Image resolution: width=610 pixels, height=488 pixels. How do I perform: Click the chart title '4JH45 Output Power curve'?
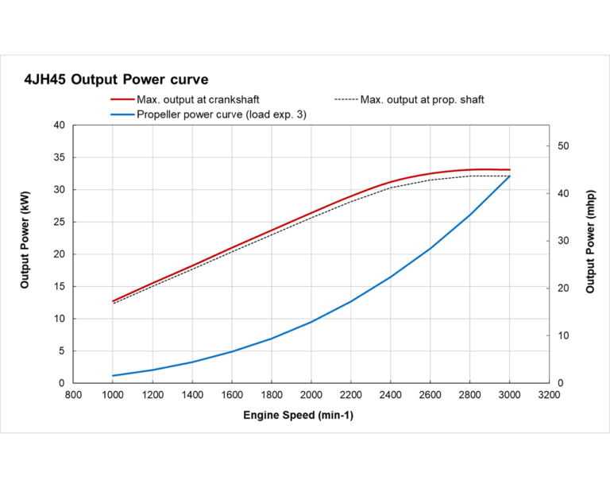pyautogui.click(x=116, y=79)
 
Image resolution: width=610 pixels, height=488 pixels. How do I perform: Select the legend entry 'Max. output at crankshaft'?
pyautogui.click(x=198, y=100)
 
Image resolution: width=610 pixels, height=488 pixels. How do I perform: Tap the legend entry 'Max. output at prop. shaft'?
pyautogui.click(x=421, y=100)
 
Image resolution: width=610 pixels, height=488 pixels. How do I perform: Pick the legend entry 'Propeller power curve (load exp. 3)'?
pyautogui.click(x=222, y=114)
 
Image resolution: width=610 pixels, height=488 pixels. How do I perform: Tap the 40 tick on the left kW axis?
pyautogui.click(x=59, y=126)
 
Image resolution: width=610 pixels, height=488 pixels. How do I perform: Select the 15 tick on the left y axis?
pyautogui.click(x=59, y=287)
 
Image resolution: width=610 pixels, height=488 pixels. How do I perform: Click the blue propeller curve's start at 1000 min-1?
pyautogui.click(x=113, y=375)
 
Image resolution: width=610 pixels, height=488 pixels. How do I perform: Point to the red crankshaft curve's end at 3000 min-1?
pyautogui.click(x=509, y=170)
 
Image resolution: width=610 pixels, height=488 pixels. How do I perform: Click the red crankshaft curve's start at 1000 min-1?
pyautogui.click(x=113, y=301)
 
